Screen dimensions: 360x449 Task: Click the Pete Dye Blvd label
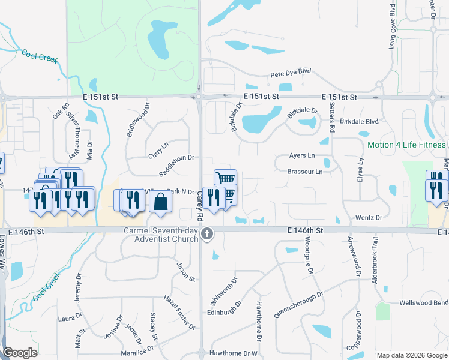pyautogui.click(x=291, y=71)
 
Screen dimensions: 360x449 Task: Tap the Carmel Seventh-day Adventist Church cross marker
pyautogui.click(x=207, y=234)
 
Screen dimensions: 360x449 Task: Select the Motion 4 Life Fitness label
pyautogui.click(x=406, y=145)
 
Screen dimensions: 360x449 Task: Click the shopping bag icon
pyautogui.click(x=161, y=202)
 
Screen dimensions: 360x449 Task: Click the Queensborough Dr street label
pyautogui.click(x=298, y=305)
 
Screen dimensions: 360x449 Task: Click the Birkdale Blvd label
pyautogui.click(x=359, y=121)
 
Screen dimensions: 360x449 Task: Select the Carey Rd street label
pyautogui.click(x=201, y=204)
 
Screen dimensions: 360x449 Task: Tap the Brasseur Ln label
pyautogui.click(x=304, y=172)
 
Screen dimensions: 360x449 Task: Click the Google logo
pyautogui.click(x=20, y=353)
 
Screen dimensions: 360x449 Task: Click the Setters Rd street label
pyautogui.click(x=332, y=117)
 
